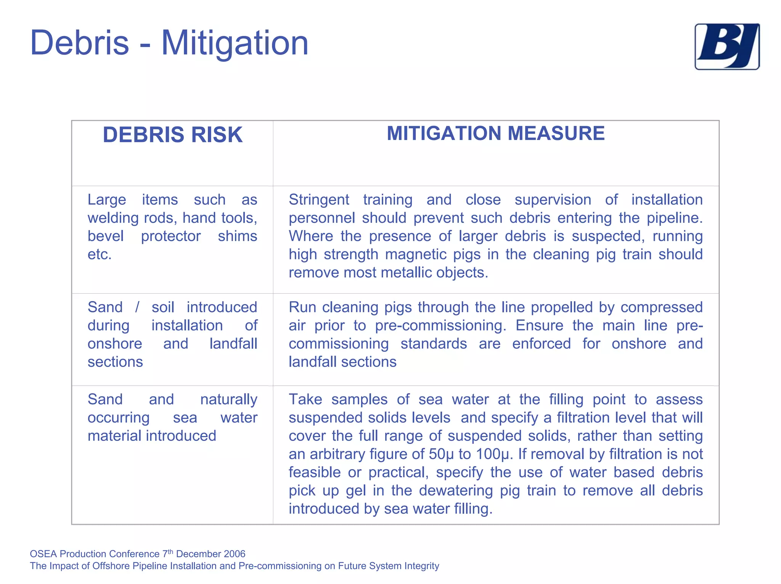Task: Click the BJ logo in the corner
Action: pyautogui.click(x=726, y=47)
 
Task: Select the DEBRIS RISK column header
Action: pyautogui.click(x=172, y=135)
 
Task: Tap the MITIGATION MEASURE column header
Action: pyautogui.click(x=495, y=134)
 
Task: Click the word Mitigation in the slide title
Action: pyautogui.click(x=235, y=43)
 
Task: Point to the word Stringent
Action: pyautogui.click(x=318, y=200)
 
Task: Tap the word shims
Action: pyautogui.click(x=237, y=236)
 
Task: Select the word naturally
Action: pyautogui.click(x=228, y=400)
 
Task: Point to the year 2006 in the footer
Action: pyautogui.click(x=235, y=554)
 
